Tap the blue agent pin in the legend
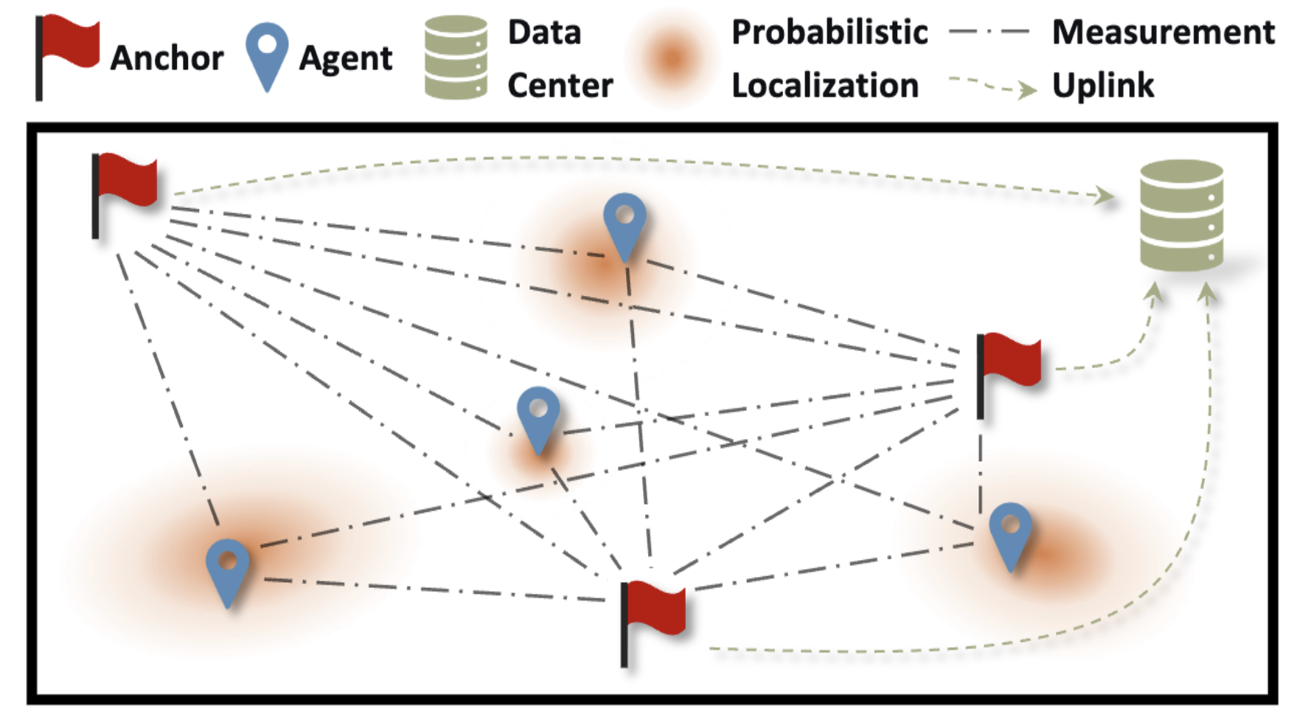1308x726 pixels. pyautogui.click(x=266, y=56)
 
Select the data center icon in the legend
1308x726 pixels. pyautogui.click(x=456, y=57)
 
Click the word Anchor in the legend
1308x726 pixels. pyautogui.click(x=167, y=58)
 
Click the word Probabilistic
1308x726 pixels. pyautogui.click(x=829, y=32)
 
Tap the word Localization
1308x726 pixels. pyautogui.click(x=825, y=86)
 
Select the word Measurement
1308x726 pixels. pyautogui.click(x=1163, y=32)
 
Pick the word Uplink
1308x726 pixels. pyautogui.click(x=1103, y=86)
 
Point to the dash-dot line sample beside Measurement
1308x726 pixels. pyautogui.click(x=989, y=32)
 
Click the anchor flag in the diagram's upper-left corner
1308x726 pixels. pyautogui.click(x=124, y=196)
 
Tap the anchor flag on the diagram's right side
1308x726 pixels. pyautogui.click(x=1008, y=375)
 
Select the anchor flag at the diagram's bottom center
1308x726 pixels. pyautogui.click(x=653, y=623)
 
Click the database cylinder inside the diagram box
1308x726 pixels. pyautogui.click(x=1181, y=215)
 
